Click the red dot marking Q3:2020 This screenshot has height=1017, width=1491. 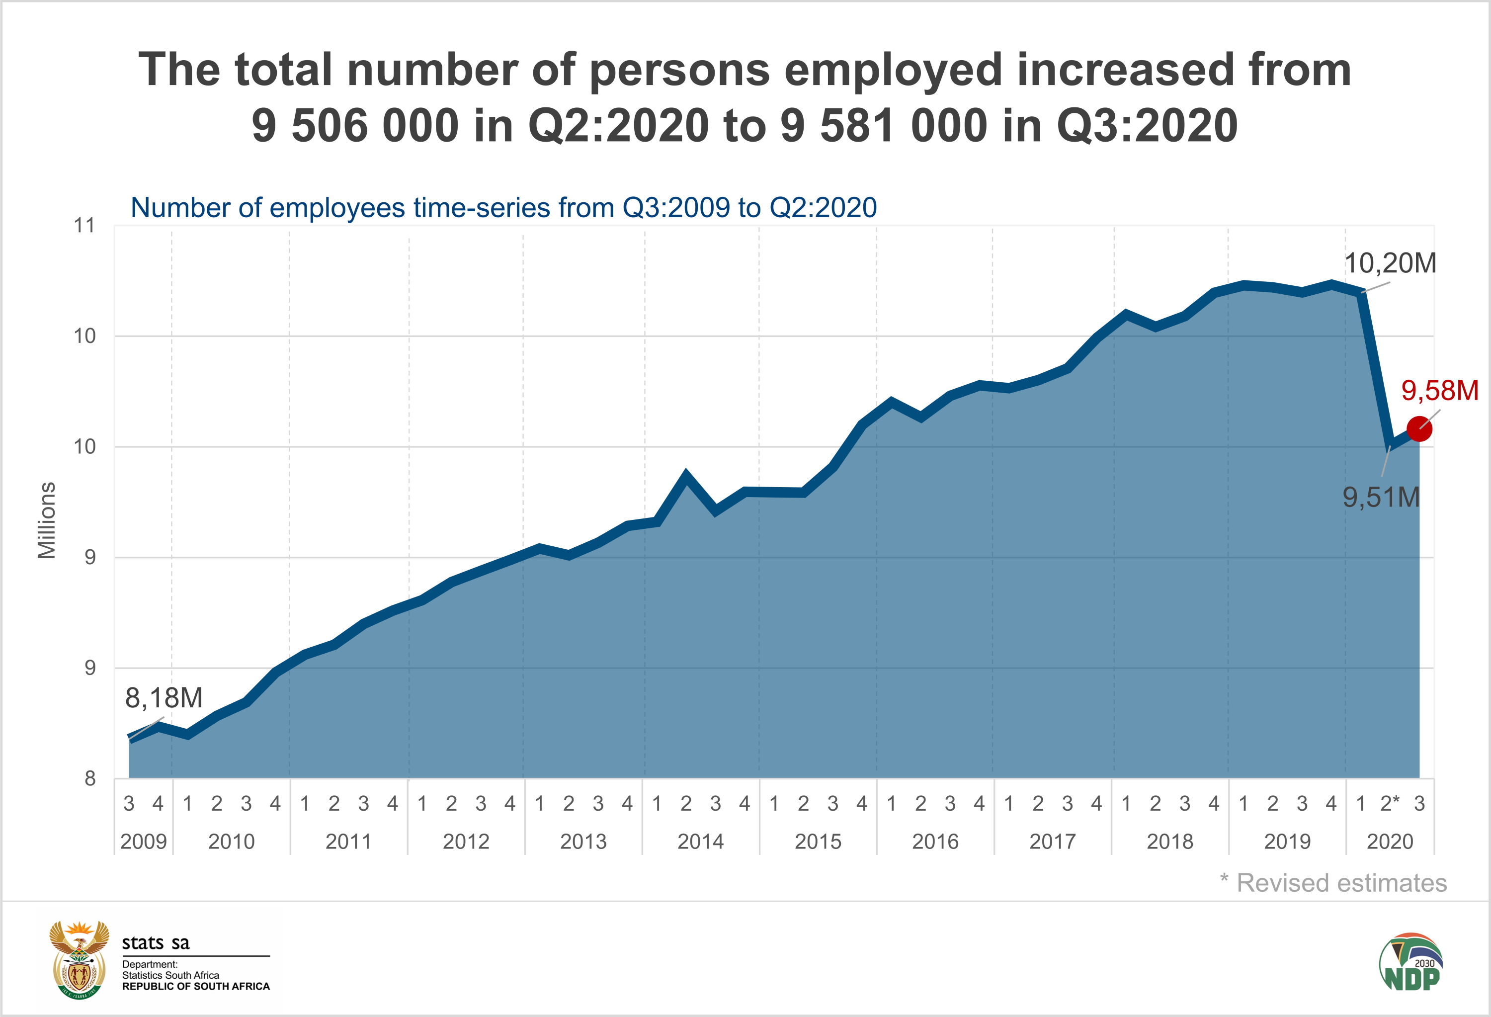point(1418,428)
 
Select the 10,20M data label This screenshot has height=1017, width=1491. point(1390,263)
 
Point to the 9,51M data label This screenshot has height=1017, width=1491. point(1381,497)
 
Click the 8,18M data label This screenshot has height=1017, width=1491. point(164,698)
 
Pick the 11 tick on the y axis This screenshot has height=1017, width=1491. point(84,225)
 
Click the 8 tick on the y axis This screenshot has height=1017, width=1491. point(90,778)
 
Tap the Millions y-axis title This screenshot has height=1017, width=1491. point(46,520)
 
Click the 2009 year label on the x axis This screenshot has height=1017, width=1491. point(143,841)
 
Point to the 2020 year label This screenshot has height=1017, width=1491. point(1390,841)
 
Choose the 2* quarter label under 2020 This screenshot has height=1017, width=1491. point(1390,803)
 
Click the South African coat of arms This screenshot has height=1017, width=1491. point(79,960)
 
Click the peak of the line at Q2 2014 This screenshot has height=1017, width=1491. point(686,476)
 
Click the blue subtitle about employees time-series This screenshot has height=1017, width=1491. point(503,208)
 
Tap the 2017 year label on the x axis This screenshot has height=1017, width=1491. point(1052,841)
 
